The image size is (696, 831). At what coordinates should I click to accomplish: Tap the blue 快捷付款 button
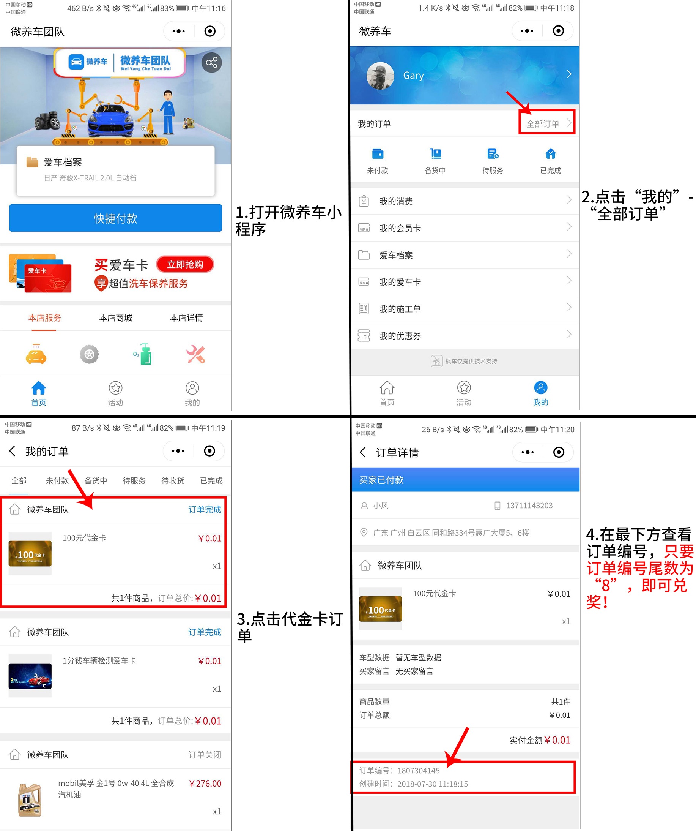click(x=115, y=218)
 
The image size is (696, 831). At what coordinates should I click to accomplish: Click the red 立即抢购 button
click(x=185, y=264)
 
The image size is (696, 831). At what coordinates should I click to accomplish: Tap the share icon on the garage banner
click(x=211, y=63)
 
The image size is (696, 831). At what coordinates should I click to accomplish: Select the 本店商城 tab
click(x=115, y=318)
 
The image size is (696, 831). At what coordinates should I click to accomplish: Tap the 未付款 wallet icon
click(x=378, y=153)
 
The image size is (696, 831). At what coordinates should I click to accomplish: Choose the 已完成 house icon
click(x=551, y=153)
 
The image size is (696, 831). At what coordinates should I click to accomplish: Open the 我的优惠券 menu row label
click(x=400, y=336)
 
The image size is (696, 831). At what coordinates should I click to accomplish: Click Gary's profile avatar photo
click(x=380, y=75)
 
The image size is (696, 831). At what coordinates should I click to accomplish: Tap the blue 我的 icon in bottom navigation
click(x=540, y=388)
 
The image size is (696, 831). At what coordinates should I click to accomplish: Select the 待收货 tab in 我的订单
click(x=172, y=480)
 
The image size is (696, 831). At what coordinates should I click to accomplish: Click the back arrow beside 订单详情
click(x=363, y=452)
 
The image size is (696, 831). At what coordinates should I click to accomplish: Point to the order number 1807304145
click(x=418, y=771)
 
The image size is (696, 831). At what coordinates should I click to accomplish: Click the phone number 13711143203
click(x=529, y=506)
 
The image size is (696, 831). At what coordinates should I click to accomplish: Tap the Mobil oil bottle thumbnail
click(x=30, y=799)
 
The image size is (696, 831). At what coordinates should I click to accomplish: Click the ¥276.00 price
click(x=205, y=784)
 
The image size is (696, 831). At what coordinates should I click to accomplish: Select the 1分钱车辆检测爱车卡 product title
click(x=99, y=660)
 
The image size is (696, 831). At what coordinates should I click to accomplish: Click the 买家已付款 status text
click(x=381, y=480)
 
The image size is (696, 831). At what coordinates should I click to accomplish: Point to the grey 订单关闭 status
click(x=205, y=755)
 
